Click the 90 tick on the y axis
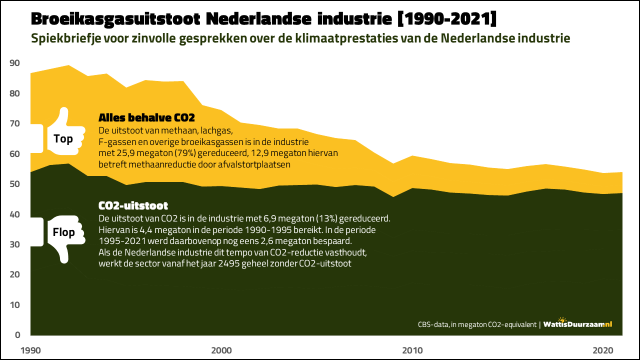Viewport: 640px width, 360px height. point(14,63)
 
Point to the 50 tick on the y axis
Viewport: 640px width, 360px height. point(14,184)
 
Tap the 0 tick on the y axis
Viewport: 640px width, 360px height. point(17,335)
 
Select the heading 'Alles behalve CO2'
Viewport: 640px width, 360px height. point(146,118)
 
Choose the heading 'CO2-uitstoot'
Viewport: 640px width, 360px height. point(133,205)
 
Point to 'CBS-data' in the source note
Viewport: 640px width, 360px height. point(433,324)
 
